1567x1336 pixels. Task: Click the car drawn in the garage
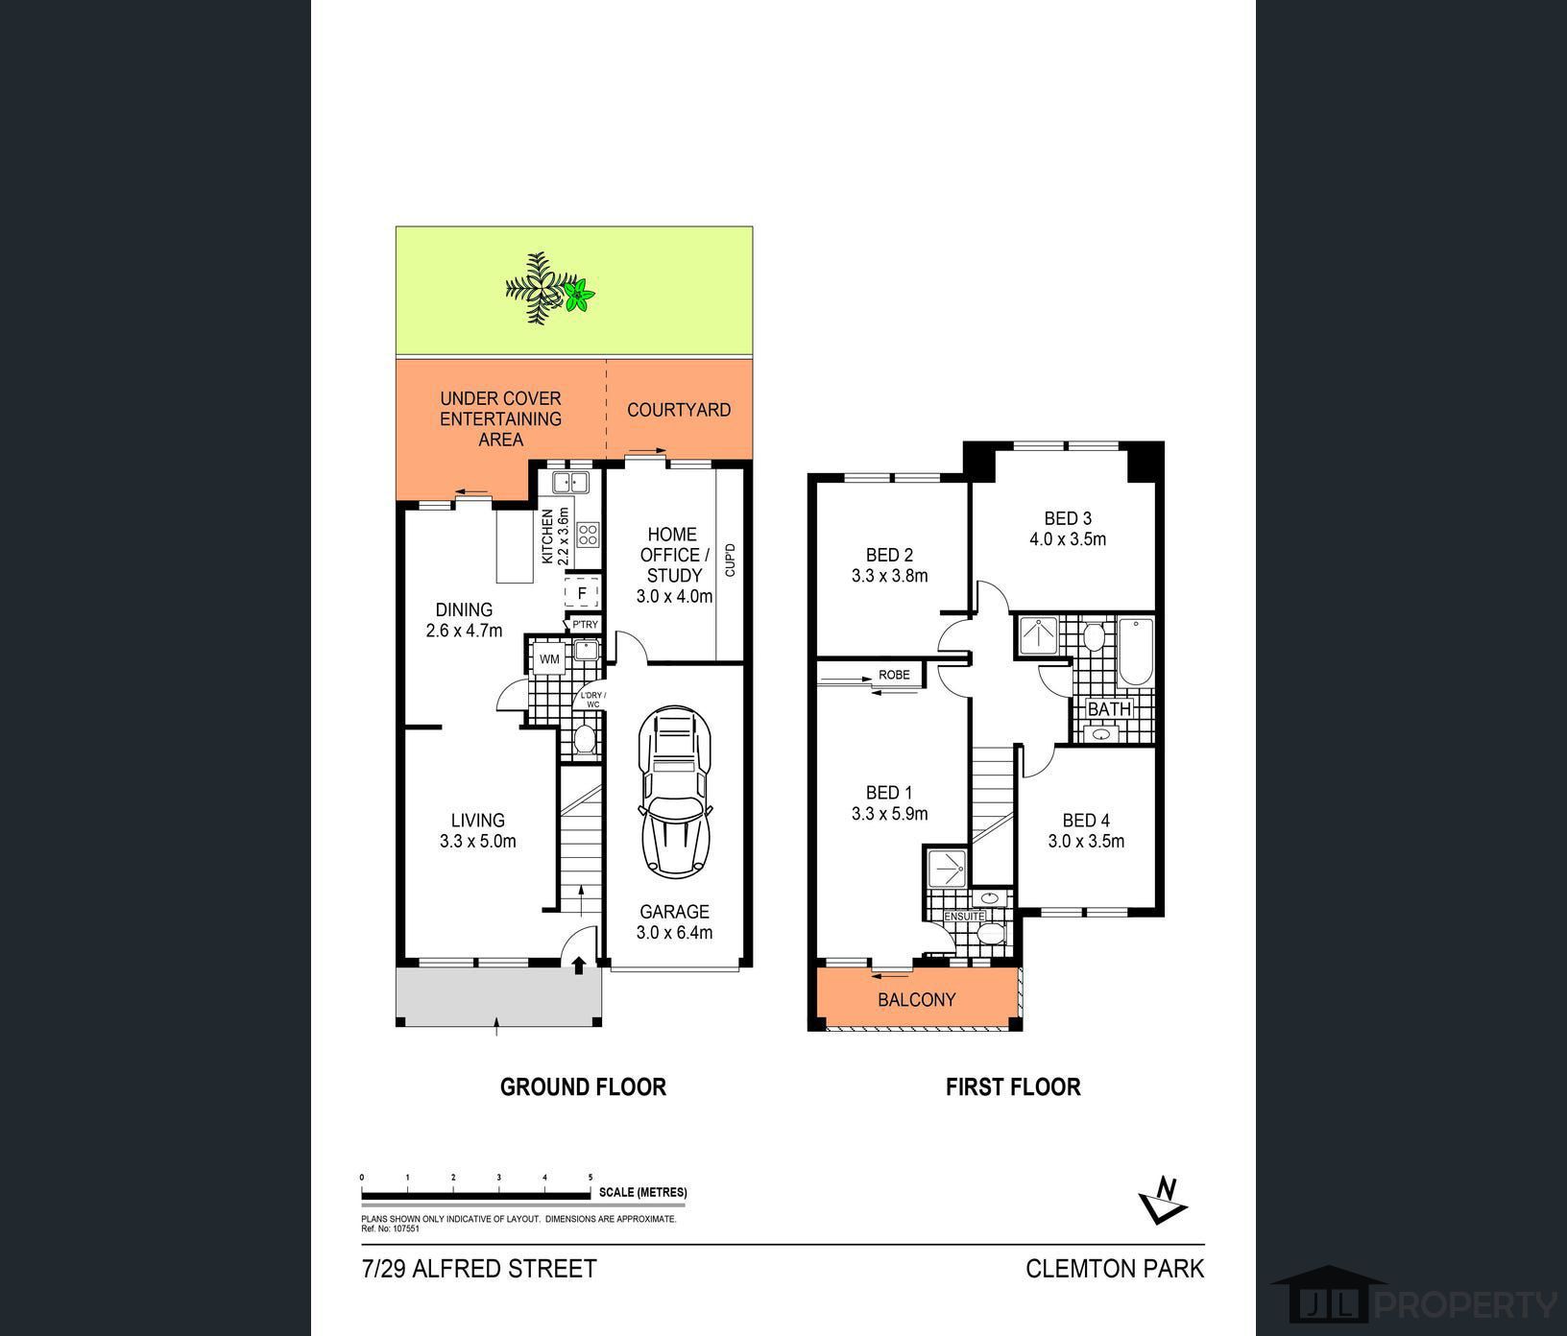coord(675,791)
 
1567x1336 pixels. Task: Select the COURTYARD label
coord(679,410)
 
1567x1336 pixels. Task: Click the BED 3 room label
coord(1068,519)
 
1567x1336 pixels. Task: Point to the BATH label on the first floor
coord(1109,709)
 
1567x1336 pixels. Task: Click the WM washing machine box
coord(549,659)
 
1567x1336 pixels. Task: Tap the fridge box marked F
coord(582,593)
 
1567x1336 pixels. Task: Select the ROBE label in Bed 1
coord(894,675)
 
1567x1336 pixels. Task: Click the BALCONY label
coord(917,1000)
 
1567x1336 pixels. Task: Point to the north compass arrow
coord(1163,1199)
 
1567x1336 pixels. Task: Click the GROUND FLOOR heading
coord(583,1087)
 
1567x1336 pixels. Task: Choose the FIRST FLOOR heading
coord(1013,1087)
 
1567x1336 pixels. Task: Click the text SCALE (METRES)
coord(642,1193)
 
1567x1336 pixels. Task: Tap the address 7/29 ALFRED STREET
coord(479,1269)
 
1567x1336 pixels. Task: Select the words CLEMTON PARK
coord(1114,1269)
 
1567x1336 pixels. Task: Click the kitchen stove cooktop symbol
coord(588,535)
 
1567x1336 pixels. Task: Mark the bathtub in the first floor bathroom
coord(1135,653)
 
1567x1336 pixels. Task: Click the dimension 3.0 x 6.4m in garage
coord(674,933)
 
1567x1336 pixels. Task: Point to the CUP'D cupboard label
coord(730,561)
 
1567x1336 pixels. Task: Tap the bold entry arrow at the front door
coord(579,965)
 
